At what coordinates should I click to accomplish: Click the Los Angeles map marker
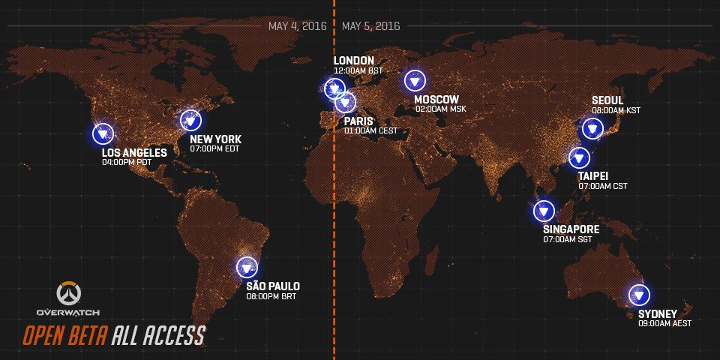[x=102, y=134]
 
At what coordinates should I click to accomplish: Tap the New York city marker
[x=190, y=120]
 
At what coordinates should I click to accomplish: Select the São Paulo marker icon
[x=247, y=267]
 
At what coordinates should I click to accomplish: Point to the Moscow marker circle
[x=414, y=80]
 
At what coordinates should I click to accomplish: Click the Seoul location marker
[x=593, y=128]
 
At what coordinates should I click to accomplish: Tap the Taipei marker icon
[x=579, y=158]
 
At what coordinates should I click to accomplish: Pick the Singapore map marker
[x=544, y=211]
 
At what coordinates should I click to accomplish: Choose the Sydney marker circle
[x=639, y=295]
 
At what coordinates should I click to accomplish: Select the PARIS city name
[x=358, y=121]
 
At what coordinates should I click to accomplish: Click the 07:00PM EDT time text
[x=214, y=148]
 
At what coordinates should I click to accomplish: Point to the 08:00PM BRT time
[x=271, y=296]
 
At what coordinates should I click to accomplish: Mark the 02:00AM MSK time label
[x=441, y=109]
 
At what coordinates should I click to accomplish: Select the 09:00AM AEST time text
[x=664, y=323]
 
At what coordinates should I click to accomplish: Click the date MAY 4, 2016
[x=297, y=26]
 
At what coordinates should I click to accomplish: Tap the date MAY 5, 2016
[x=370, y=26]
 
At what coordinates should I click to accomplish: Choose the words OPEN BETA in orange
[x=65, y=335]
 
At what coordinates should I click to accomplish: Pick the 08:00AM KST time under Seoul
[x=616, y=110]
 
